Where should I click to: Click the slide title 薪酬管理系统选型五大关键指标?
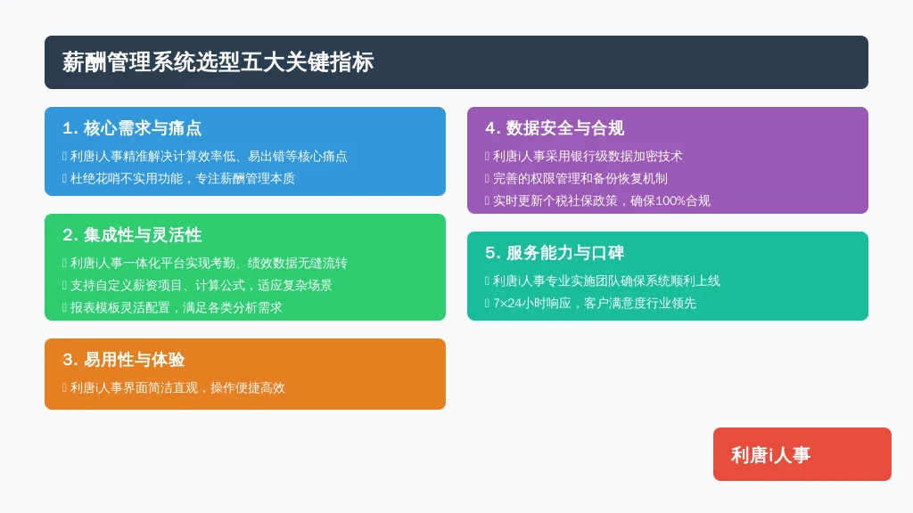point(218,62)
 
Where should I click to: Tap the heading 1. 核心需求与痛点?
point(132,128)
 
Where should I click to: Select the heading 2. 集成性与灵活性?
point(132,235)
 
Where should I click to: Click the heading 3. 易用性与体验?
point(123,360)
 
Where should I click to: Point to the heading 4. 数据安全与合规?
point(555,128)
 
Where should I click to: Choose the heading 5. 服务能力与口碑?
point(555,253)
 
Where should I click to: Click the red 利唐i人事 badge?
point(802,454)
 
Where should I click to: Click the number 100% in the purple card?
point(670,200)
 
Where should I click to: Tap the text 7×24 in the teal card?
point(507,303)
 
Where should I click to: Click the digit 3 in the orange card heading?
point(67,360)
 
